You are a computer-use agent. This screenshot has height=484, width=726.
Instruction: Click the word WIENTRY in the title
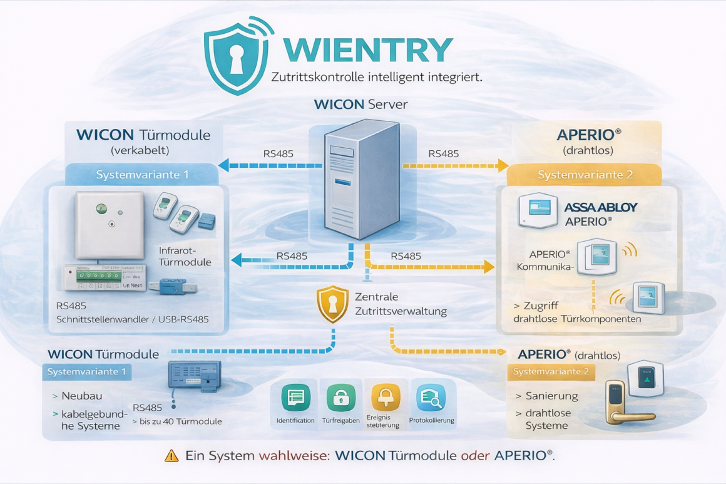(367, 49)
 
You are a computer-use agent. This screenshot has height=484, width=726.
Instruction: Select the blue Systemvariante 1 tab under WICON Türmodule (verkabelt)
(142, 175)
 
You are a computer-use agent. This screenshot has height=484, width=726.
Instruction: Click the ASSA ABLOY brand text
(600, 207)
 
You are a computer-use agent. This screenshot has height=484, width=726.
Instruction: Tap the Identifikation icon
(295, 398)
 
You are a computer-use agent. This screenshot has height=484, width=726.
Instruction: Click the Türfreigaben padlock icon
(341, 398)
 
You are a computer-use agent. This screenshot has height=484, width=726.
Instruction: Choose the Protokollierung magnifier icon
(431, 398)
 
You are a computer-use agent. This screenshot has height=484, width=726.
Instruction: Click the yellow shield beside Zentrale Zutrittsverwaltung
(332, 304)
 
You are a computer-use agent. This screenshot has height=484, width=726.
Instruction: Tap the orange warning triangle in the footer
(171, 456)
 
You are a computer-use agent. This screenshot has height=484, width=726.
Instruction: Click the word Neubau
(81, 396)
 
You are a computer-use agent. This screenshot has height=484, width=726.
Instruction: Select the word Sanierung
(551, 396)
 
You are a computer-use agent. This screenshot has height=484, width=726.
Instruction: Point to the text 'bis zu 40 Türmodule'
(180, 421)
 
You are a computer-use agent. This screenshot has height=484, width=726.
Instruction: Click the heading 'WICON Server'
(360, 105)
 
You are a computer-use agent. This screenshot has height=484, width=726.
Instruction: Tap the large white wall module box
(110, 225)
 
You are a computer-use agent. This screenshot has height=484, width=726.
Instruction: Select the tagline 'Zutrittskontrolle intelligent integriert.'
(377, 78)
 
